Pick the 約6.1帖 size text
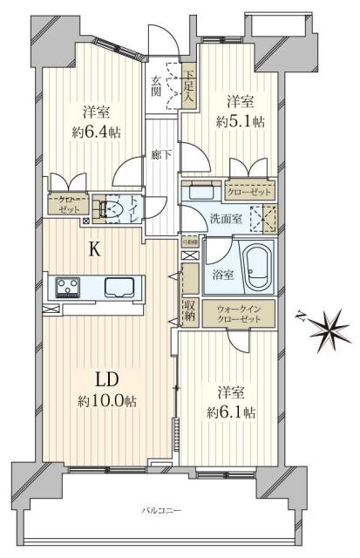[231, 411]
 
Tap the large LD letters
[107, 379]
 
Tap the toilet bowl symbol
[110, 209]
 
